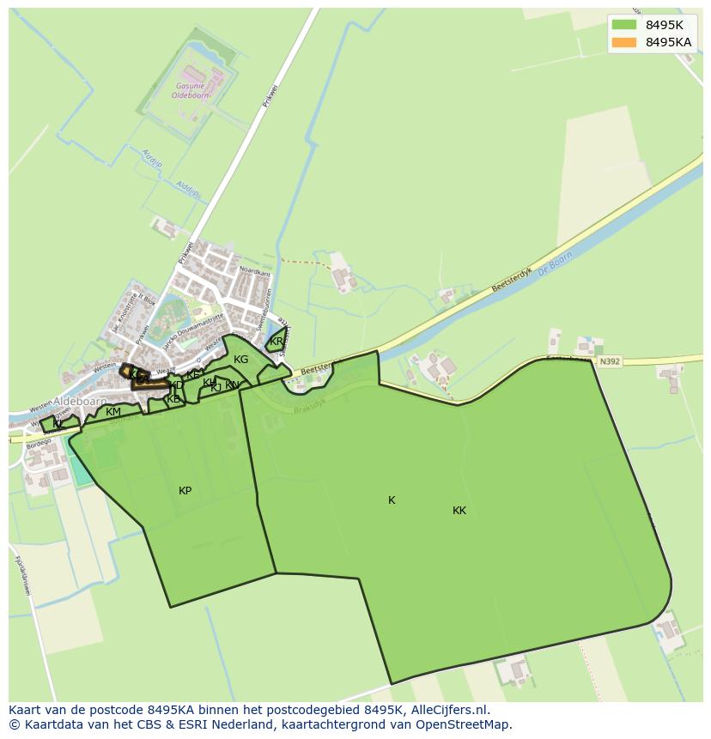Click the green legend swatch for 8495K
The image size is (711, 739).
click(625, 26)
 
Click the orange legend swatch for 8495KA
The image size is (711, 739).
click(625, 42)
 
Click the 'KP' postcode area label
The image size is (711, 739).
click(185, 491)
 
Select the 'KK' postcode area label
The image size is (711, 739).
click(459, 511)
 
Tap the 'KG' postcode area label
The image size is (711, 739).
click(240, 360)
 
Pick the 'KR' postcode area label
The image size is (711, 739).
click(276, 342)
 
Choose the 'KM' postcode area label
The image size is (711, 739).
click(113, 412)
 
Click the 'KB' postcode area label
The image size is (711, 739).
click(173, 399)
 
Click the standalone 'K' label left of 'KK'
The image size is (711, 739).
click(392, 500)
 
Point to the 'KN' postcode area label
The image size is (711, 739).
click(232, 385)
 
